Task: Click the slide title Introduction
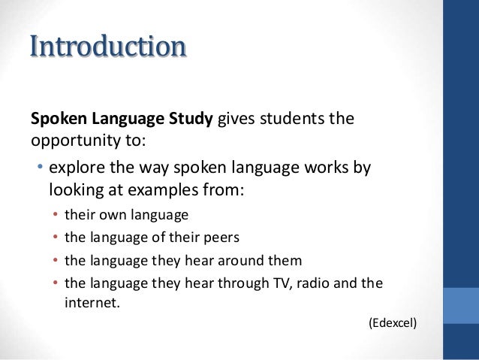coord(107,46)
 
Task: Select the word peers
coord(221,238)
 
